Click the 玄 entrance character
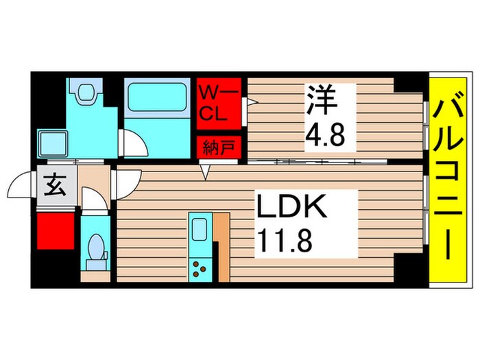55,185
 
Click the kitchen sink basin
200,229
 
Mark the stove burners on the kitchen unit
200,268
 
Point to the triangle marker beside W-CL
251,103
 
